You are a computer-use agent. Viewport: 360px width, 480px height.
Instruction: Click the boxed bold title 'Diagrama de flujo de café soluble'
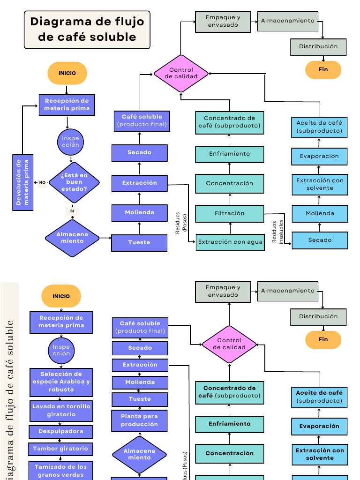pyautogui.click(x=87, y=29)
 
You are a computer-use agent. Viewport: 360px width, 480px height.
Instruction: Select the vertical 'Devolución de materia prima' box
pyautogui.click(x=23, y=182)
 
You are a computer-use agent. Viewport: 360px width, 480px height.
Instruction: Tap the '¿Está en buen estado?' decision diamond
pyautogui.click(x=74, y=182)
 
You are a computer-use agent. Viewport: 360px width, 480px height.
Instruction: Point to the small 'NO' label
pyautogui.click(x=42, y=182)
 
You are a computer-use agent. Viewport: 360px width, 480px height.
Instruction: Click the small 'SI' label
pyautogui.click(x=72, y=211)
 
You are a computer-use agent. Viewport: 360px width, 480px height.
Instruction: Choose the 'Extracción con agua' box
pyautogui.click(x=230, y=242)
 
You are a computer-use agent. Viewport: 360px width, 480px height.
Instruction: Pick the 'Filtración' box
pyautogui.click(x=230, y=213)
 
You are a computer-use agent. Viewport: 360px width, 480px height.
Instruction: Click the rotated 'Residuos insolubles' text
pyautogui.click(x=278, y=232)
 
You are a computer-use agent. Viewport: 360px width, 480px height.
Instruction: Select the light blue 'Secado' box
pyautogui.click(x=320, y=240)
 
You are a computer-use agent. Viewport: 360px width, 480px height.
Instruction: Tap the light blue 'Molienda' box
pyautogui.click(x=320, y=213)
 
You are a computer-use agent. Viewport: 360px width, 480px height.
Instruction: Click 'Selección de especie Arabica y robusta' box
pyautogui.click(x=61, y=382)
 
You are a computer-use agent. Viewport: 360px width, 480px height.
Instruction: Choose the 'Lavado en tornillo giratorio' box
pyautogui.click(x=61, y=411)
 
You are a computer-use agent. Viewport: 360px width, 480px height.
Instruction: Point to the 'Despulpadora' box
pyautogui.click(x=61, y=432)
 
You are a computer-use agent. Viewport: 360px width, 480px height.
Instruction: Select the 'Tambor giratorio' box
pyautogui.click(x=60, y=449)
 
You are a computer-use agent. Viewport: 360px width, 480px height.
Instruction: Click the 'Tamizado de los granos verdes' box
pyautogui.click(x=60, y=471)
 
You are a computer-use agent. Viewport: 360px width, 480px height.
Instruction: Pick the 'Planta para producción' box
pyautogui.click(x=140, y=420)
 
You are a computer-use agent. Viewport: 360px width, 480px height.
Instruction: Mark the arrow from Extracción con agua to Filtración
pyautogui.click(x=230, y=228)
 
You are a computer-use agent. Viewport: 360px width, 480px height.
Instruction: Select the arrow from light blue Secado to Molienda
pyautogui.click(x=320, y=227)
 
